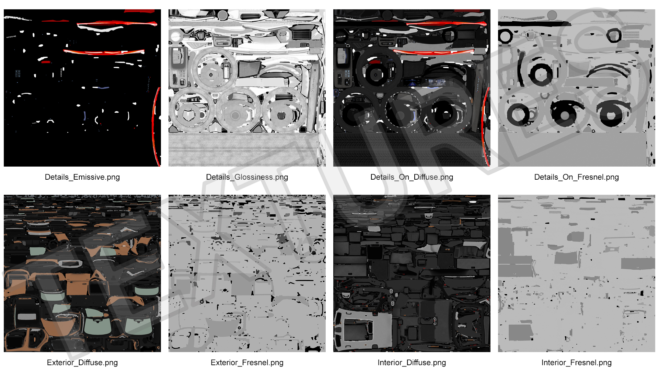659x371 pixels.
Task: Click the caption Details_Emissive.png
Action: tap(82, 177)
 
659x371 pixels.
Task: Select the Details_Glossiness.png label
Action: tap(247, 177)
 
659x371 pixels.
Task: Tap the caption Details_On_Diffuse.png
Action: tap(412, 177)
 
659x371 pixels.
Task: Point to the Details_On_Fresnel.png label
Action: tap(577, 177)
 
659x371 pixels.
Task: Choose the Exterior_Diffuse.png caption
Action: tap(82, 362)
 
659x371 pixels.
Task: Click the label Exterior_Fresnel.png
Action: tap(247, 362)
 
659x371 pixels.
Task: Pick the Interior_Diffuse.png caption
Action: tap(412, 362)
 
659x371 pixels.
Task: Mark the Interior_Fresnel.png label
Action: tap(577, 362)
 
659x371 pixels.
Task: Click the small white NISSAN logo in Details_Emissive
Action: tap(11, 37)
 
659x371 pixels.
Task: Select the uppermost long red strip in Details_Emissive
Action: tap(117, 24)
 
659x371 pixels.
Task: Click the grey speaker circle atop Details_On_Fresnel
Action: tap(552, 15)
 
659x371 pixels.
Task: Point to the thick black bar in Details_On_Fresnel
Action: tap(534, 24)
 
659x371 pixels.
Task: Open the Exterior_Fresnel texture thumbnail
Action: tap(247, 273)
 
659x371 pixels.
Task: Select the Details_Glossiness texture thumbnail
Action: tap(247, 88)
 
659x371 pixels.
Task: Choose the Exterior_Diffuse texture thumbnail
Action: tap(82, 273)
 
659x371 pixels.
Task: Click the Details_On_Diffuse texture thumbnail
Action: tap(412, 88)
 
